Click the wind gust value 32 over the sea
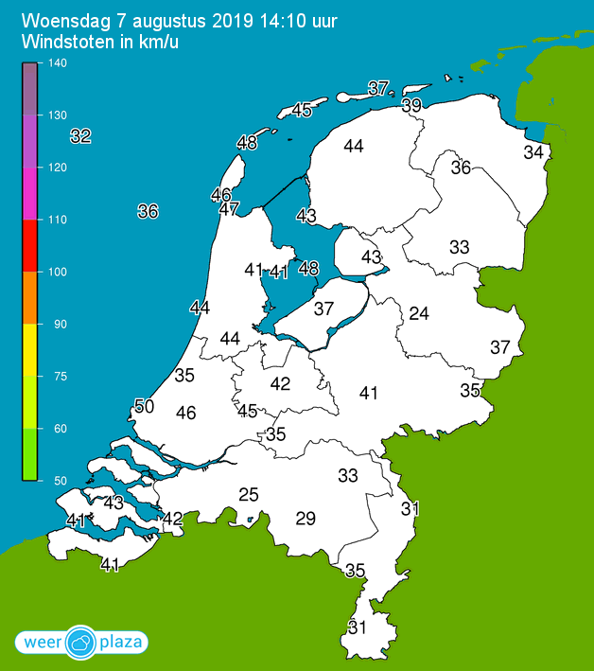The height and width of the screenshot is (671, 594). pyautogui.click(x=80, y=136)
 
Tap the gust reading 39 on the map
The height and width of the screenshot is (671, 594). pyautogui.click(x=411, y=106)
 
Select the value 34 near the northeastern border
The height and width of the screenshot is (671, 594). pyautogui.click(x=534, y=152)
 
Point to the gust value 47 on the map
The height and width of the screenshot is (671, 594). pyautogui.click(x=229, y=209)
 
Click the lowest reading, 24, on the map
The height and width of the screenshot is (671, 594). pyautogui.click(x=419, y=313)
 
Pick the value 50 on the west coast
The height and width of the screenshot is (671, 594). pyautogui.click(x=144, y=406)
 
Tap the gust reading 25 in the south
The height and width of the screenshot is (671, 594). pyautogui.click(x=249, y=495)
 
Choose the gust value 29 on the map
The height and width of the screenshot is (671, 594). pyautogui.click(x=306, y=518)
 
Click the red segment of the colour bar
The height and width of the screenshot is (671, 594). pyautogui.click(x=29, y=245)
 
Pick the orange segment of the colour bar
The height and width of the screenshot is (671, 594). pyautogui.click(x=29, y=297)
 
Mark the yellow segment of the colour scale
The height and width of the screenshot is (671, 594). pyautogui.click(x=29, y=349)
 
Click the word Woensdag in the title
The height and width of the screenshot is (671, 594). pyautogui.click(x=66, y=20)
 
